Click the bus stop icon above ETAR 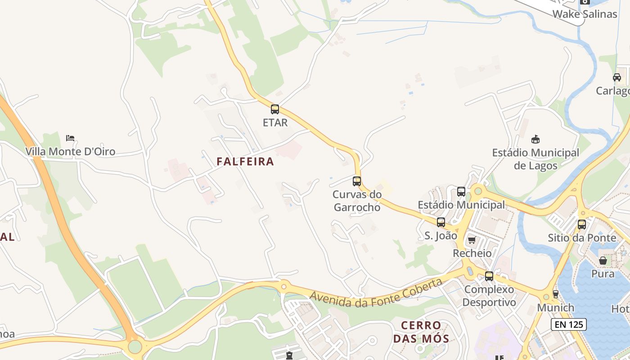click(x=274, y=109)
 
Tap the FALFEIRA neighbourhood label click(x=245, y=162)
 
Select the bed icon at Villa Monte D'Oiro click(x=70, y=138)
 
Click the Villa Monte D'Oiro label click(x=70, y=152)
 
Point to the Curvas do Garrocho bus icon click(x=357, y=181)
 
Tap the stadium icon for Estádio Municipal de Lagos click(x=535, y=139)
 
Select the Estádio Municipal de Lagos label click(x=535, y=159)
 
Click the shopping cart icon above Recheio click(x=472, y=240)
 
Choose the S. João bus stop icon click(x=441, y=222)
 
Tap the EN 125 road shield click(x=569, y=324)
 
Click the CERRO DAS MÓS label click(x=421, y=332)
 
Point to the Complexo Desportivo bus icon click(x=489, y=276)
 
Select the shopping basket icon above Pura click(x=603, y=261)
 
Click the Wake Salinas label click(x=585, y=14)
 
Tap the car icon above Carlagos click(x=617, y=77)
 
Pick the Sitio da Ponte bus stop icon click(x=582, y=224)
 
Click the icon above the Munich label click(x=556, y=294)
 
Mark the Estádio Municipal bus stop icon click(x=461, y=192)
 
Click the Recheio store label click(x=472, y=253)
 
